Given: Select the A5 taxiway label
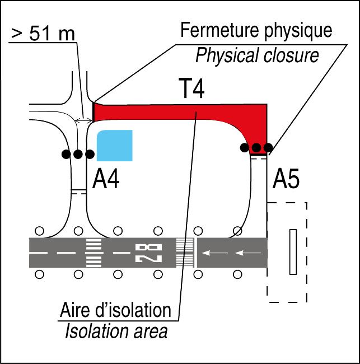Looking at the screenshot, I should [x=286, y=180].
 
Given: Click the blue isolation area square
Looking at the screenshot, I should [x=115, y=146].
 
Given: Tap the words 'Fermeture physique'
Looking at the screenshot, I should [x=256, y=30].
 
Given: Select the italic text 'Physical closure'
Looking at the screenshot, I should [x=257, y=55].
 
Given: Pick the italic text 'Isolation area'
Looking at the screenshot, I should [x=116, y=332].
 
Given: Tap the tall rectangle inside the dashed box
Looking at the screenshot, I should [x=292, y=251].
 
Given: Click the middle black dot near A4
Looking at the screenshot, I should [x=78, y=153].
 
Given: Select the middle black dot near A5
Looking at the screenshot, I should [x=256, y=148].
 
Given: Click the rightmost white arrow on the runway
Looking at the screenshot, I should [x=247, y=253].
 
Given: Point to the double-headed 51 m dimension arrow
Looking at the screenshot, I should [x=85, y=120].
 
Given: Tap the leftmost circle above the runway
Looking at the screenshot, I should [x=40, y=230].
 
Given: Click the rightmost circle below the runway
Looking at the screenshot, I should [x=238, y=274].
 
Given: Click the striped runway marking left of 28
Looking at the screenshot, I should [x=93, y=253].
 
